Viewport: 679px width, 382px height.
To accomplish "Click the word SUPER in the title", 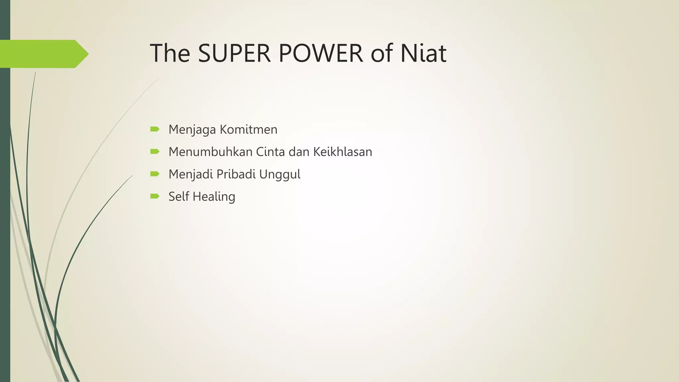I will pyautogui.click(x=234, y=53).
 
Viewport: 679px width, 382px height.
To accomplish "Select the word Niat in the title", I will pyautogui.click(x=423, y=53).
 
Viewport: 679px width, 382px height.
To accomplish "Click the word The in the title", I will pyautogui.click(x=170, y=53).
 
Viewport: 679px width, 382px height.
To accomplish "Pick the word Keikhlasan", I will pyautogui.click(x=342, y=152).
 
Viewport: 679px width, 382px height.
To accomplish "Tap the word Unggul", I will pyautogui.click(x=280, y=174).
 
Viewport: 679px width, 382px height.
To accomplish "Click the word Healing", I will pyautogui.click(x=214, y=197).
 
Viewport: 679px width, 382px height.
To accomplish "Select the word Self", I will pyautogui.click(x=178, y=197).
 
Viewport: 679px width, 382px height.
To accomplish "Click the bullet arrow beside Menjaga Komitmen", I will pyautogui.click(x=154, y=129).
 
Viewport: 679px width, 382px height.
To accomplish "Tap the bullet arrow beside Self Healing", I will pyautogui.click(x=154, y=196).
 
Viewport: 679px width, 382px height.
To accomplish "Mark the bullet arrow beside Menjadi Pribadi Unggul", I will pyautogui.click(x=154, y=174).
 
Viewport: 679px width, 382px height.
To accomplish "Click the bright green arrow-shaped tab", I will pyautogui.click(x=43, y=54).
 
